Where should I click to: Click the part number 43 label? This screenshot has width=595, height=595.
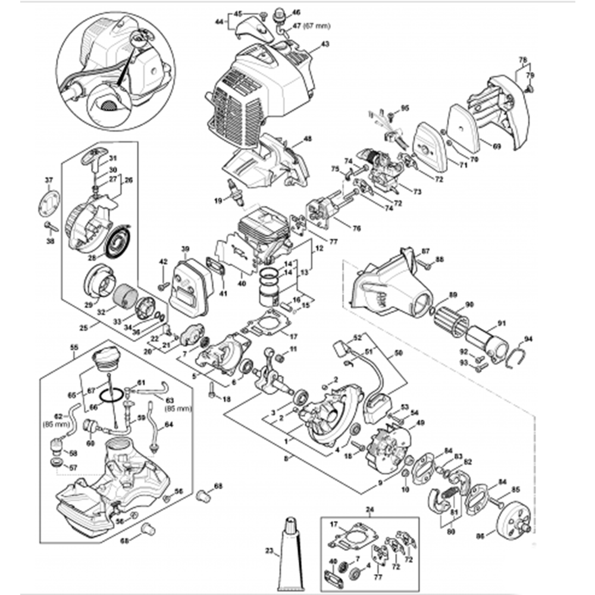pyautogui.click(x=324, y=45)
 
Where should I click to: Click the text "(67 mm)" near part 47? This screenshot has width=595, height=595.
pyautogui.click(x=316, y=26)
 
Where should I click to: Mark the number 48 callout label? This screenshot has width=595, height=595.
pyautogui.click(x=307, y=139)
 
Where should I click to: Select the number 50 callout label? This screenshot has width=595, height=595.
pyautogui.click(x=398, y=353)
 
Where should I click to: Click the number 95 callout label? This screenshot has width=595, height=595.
pyautogui.click(x=405, y=108)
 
